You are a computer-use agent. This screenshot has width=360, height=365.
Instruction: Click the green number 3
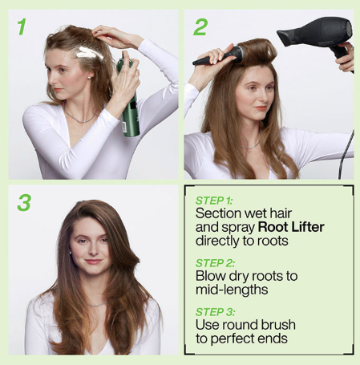pyautogui.click(x=23, y=202)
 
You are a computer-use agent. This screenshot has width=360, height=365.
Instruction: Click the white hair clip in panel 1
pyautogui.click(x=87, y=53)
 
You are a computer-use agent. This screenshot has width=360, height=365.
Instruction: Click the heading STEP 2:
pyautogui.click(x=217, y=262)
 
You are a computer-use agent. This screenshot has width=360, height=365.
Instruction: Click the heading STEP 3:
pyautogui.click(x=217, y=310)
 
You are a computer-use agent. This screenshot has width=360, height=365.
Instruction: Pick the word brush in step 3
pyautogui.click(x=276, y=324)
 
